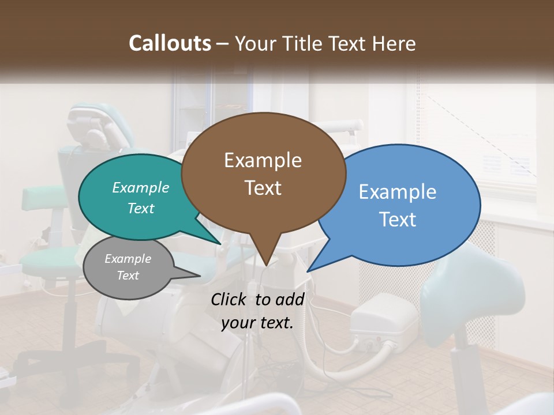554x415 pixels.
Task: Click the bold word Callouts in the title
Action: pos(170,43)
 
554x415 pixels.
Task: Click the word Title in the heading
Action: pos(304,43)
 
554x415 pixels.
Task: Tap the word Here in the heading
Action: pos(393,43)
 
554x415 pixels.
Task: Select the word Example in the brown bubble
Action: pos(263,160)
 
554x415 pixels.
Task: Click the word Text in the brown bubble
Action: pos(263,188)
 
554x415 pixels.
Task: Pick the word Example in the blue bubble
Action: pos(398,192)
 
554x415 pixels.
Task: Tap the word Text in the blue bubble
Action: pos(398,220)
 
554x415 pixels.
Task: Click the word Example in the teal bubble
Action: pos(140,187)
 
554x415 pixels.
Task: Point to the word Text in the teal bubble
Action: pos(140,208)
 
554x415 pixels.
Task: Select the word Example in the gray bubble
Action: pos(128,259)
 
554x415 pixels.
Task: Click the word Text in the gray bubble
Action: pos(128,276)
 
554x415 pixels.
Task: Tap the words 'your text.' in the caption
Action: pos(257,323)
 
